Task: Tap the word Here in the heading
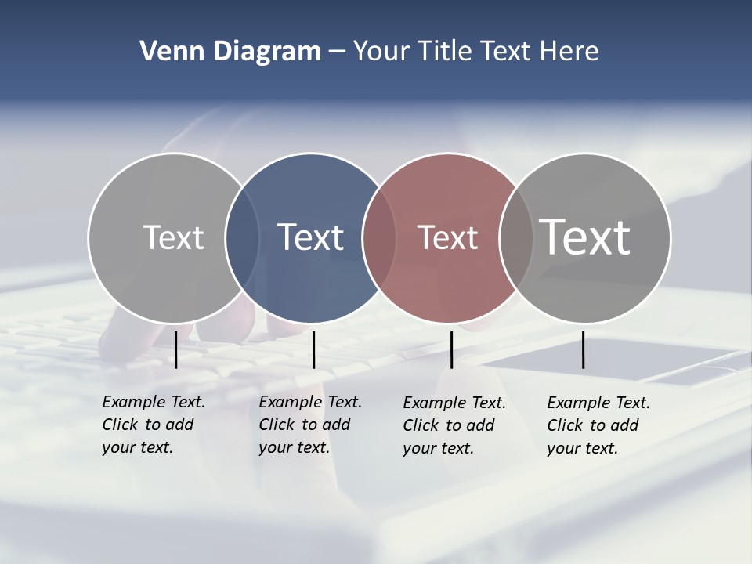pos(569,51)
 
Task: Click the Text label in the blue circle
pos(310,237)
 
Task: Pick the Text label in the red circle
pos(447,237)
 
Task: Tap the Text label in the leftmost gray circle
pos(173,237)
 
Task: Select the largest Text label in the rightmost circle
pos(584,237)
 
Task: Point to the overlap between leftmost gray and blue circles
pos(242,237)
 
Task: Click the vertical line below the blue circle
pos(313,349)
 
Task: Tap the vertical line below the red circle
pos(451,349)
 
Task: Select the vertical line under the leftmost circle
pos(176,349)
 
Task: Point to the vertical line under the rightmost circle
pos(583,349)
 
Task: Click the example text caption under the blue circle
pos(309,425)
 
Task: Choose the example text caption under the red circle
pos(454,425)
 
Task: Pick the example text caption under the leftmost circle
pos(153,425)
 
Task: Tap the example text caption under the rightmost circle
pos(598,425)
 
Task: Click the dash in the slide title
pos(337,52)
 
